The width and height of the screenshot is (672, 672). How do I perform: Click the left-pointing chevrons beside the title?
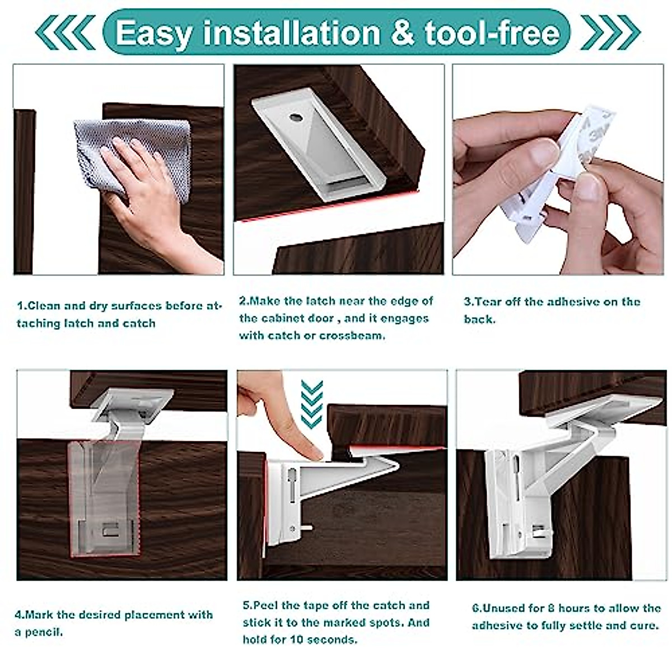click(x=64, y=32)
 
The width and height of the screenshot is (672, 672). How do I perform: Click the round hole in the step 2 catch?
click(x=295, y=119)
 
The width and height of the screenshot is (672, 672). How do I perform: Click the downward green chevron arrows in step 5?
click(x=312, y=403)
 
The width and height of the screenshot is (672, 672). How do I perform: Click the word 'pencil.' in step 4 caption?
click(x=45, y=632)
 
